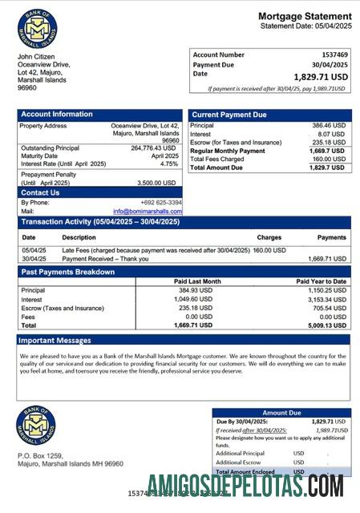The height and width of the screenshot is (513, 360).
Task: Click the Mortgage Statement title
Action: click(x=305, y=16)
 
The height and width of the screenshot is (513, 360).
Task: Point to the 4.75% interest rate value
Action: click(x=169, y=164)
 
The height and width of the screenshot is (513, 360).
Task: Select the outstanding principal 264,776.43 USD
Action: click(x=152, y=147)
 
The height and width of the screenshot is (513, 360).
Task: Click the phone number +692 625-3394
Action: click(x=161, y=203)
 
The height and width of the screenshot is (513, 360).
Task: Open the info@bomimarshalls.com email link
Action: click(x=148, y=212)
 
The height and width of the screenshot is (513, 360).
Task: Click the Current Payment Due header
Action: click(x=229, y=115)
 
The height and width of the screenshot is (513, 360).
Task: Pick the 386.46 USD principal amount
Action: click(x=329, y=126)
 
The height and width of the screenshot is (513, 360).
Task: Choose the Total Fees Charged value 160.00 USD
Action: click(x=329, y=159)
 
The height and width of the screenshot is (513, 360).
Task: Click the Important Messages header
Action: click(x=57, y=341)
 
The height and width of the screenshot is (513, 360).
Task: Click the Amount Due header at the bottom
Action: click(x=281, y=412)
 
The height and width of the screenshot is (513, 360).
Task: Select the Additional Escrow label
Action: click(x=238, y=463)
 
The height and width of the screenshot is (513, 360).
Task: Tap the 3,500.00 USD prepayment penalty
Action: click(x=158, y=183)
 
